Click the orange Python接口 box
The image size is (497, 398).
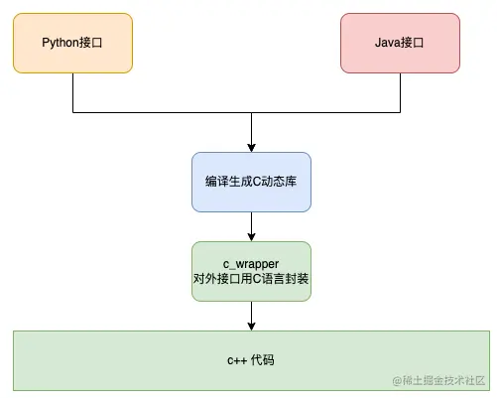pyautogui.click(x=72, y=43)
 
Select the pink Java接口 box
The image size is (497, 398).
pyautogui.click(x=400, y=43)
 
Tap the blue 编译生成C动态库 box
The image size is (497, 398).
pyautogui.click(x=251, y=182)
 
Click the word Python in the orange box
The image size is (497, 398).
pyautogui.click(x=61, y=43)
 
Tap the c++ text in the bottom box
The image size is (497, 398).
pyautogui.click(x=236, y=359)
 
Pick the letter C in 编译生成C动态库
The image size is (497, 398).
pyautogui.click(x=253, y=182)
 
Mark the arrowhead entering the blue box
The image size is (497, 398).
pyautogui.click(x=251, y=147)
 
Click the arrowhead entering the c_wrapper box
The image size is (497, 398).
pyautogui.click(x=251, y=236)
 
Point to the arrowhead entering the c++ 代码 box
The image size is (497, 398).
pyautogui.click(x=251, y=325)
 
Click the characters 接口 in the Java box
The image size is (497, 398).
pyautogui.click(x=415, y=43)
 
